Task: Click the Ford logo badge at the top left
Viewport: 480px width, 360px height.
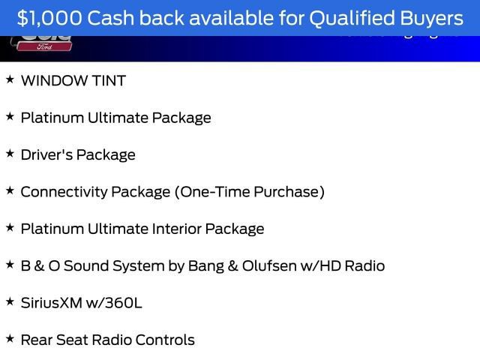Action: (42, 45)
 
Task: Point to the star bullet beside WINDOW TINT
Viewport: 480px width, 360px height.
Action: (10, 79)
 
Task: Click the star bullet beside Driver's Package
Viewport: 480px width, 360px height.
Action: (10, 153)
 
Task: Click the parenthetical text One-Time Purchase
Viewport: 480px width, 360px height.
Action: (250, 192)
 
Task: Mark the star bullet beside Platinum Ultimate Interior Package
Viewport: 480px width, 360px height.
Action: (10, 227)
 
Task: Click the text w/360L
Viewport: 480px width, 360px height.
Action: (116, 303)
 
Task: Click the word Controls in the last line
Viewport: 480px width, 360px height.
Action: (166, 340)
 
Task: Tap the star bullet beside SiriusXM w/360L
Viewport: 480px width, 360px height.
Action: (10, 301)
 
